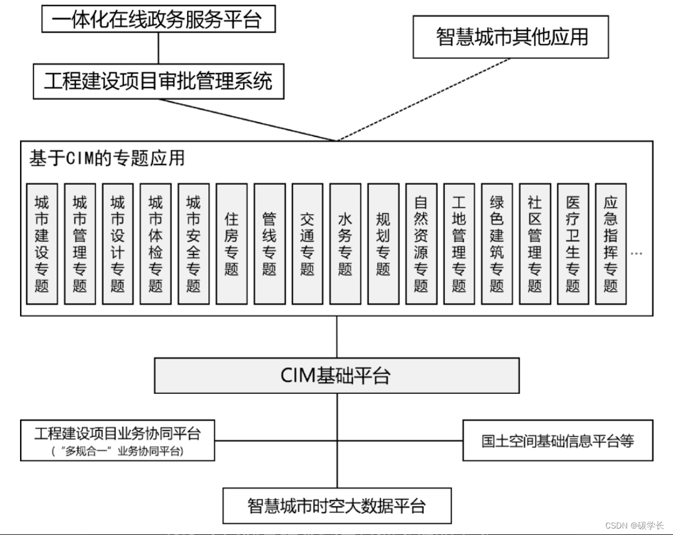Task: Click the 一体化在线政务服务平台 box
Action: (158, 19)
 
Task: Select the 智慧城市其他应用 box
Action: (511, 36)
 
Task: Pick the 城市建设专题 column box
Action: (42, 244)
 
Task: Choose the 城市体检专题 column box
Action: (155, 244)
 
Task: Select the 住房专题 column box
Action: (231, 244)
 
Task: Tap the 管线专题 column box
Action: (269, 244)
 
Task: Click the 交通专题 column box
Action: (307, 244)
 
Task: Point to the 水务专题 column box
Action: (345, 244)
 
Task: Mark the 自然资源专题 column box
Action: (421, 244)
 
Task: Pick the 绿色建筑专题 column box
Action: (497, 244)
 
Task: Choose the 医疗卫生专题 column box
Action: (573, 244)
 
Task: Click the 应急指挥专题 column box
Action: (611, 244)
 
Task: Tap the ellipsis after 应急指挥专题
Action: (636, 253)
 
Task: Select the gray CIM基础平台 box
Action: (336, 376)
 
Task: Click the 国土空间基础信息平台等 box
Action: (558, 440)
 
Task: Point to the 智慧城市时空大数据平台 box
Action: (337, 505)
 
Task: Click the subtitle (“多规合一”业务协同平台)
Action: (118, 451)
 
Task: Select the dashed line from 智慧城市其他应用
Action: (424, 100)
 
